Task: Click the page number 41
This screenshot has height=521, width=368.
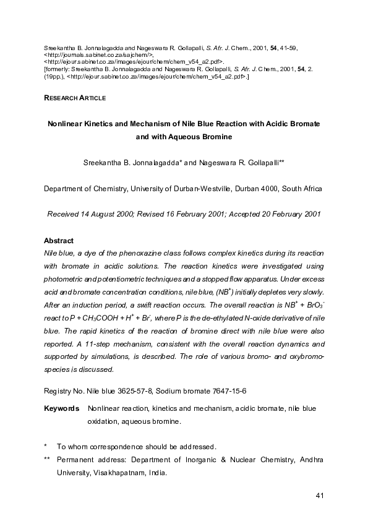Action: pos(320,495)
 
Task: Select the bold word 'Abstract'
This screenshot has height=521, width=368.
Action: pos(59,241)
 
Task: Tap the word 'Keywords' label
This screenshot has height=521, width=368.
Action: pos(61,409)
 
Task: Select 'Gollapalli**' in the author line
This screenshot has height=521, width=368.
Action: pos(261,162)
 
